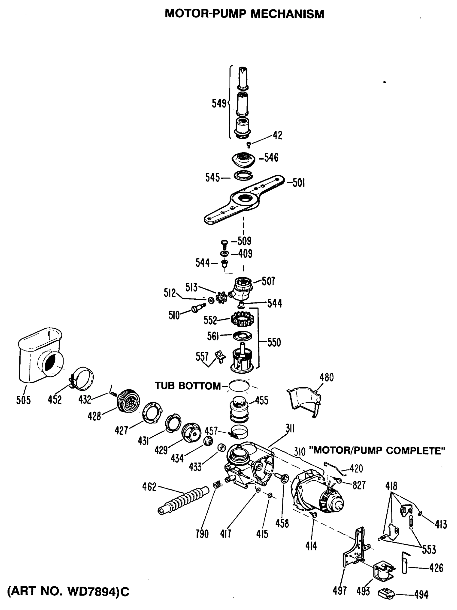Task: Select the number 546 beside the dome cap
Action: pos(271,158)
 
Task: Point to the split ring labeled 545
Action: pos(243,176)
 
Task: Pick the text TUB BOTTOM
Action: pos(188,386)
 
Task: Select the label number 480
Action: pos(327,377)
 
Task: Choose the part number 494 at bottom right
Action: pos(421,594)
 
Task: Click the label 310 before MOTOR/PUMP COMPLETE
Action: pos(300,451)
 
